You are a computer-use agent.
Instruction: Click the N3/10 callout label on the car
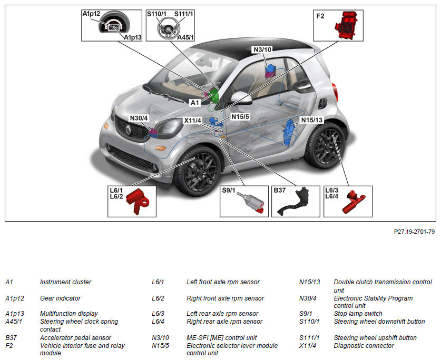click(x=262, y=49)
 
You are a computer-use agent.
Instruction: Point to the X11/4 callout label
click(x=193, y=121)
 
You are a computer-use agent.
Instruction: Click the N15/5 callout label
click(x=240, y=116)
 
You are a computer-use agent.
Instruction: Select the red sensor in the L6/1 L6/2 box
click(x=141, y=201)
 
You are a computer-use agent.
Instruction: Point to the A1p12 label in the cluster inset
click(x=91, y=14)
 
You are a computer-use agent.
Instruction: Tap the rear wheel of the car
click(x=325, y=144)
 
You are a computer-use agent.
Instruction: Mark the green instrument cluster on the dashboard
click(x=213, y=96)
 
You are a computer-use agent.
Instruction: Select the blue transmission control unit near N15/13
click(x=289, y=133)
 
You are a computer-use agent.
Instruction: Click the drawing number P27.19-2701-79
click(x=414, y=231)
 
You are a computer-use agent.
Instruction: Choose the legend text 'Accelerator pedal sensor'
click(x=75, y=338)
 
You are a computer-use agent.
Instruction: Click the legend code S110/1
click(x=309, y=322)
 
